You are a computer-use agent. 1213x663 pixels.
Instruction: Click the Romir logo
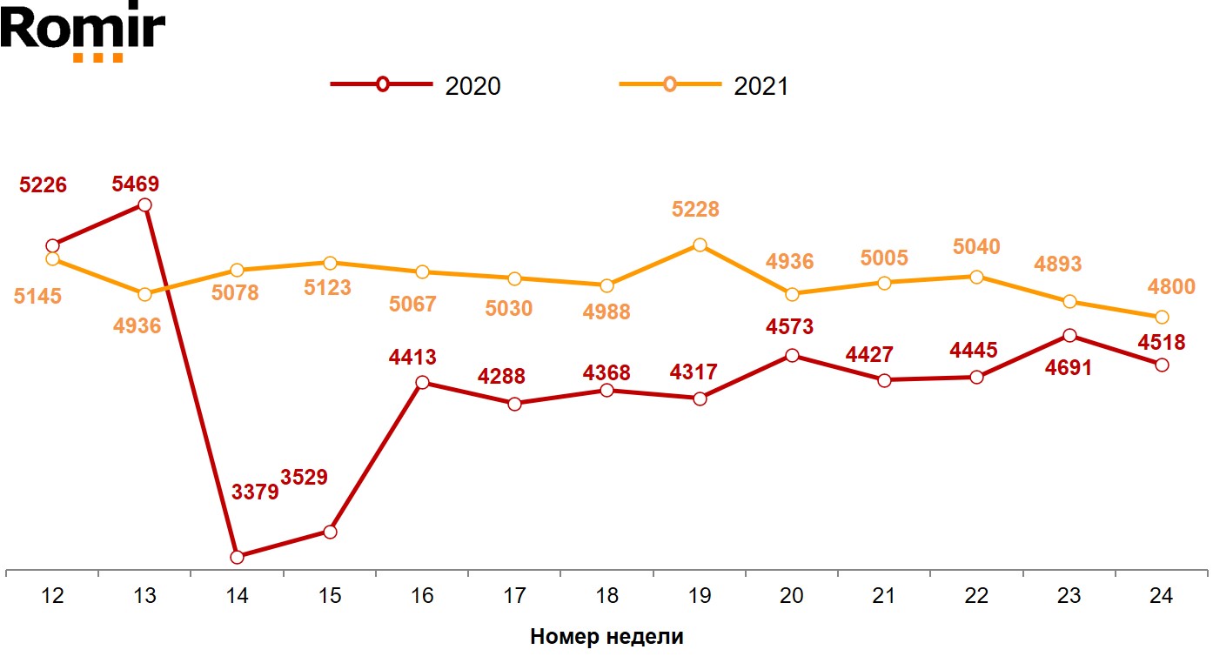83,33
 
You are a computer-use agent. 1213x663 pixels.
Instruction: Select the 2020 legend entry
416,85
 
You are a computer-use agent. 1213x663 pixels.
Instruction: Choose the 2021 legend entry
704,85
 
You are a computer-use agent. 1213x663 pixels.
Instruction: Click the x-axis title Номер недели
606,637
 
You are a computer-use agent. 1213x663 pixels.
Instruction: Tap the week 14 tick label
237,596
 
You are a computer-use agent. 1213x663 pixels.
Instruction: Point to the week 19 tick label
700,596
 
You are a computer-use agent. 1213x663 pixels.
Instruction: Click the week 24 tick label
1161,596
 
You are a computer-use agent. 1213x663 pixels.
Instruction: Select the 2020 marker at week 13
145,205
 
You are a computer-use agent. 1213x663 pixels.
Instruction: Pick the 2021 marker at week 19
700,244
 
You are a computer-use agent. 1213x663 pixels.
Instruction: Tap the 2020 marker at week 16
422,383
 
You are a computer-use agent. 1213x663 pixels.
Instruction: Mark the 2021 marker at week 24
1162,317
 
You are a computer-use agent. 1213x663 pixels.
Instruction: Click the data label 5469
135,184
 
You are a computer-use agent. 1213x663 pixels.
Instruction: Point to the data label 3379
255,492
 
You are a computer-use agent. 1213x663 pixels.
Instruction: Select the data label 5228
695,210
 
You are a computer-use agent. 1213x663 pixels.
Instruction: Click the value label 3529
304,478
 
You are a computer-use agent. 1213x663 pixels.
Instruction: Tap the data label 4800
1171,286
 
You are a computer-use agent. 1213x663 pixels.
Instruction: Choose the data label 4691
1068,367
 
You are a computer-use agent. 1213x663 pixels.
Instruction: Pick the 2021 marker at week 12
52,259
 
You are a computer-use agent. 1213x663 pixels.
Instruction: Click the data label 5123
327,287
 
